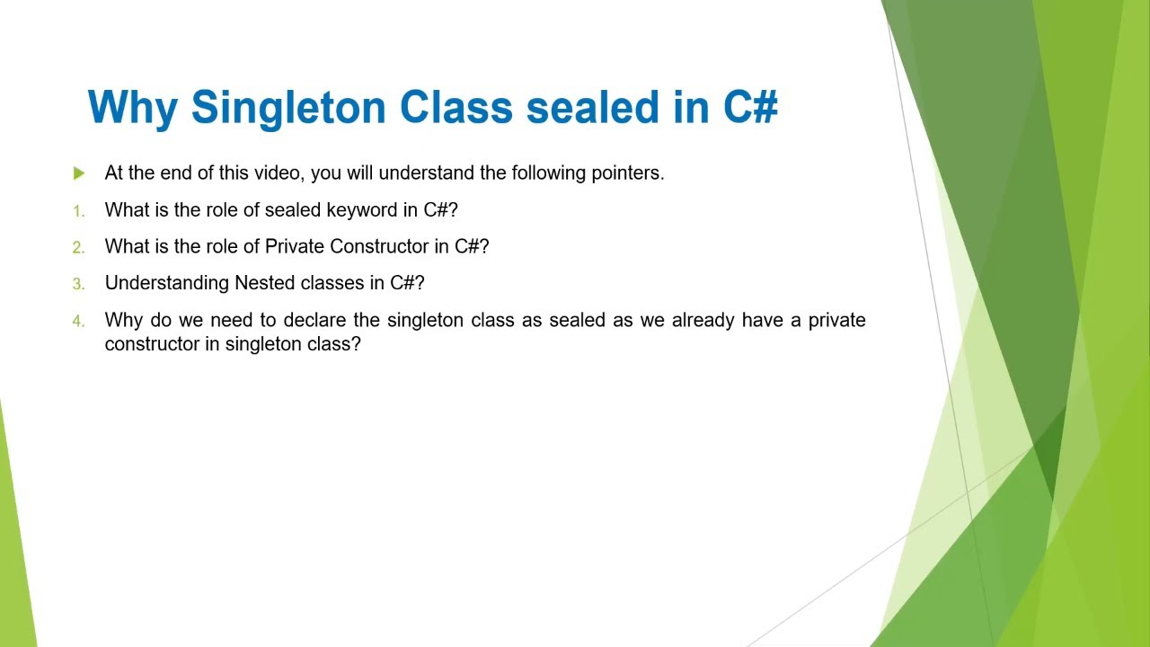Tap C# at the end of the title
coord(750,107)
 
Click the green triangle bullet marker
coord(79,173)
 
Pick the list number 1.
coord(78,211)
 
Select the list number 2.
coord(78,247)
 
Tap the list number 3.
coord(78,284)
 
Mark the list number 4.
coord(78,321)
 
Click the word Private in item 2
coord(295,246)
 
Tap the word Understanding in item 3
coord(167,283)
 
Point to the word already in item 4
coord(703,320)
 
